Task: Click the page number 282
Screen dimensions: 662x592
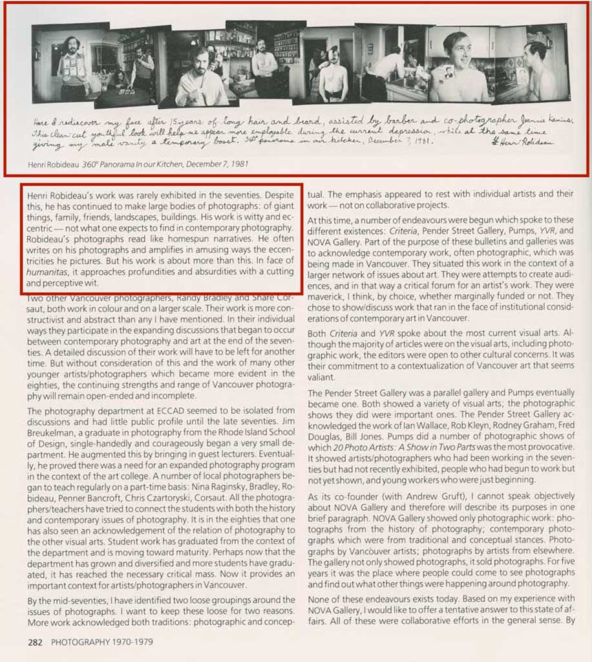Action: pyautogui.click(x=36, y=643)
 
